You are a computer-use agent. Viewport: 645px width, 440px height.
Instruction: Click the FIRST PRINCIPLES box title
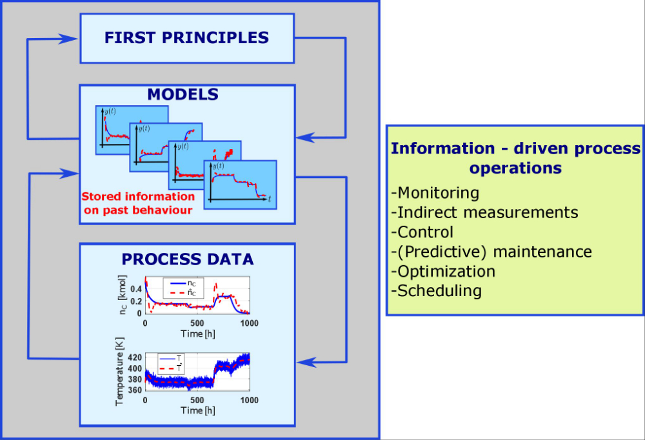pyautogui.click(x=186, y=37)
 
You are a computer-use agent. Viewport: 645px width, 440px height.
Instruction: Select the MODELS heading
pyautogui.click(x=183, y=95)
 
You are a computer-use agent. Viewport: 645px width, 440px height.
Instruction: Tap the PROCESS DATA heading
pyautogui.click(x=188, y=259)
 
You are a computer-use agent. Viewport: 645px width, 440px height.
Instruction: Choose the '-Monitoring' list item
pyautogui.click(x=435, y=192)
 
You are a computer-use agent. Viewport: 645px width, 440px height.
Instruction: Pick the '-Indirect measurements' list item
pyautogui.click(x=484, y=212)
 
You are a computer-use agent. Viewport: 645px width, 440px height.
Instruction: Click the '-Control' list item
pyautogui.click(x=422, y=232)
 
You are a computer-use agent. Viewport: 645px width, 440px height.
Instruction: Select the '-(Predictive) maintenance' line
pyautogui.click(x=491, y=251)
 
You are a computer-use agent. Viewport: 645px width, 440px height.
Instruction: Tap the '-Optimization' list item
pyautogui.click(x=443, y=271)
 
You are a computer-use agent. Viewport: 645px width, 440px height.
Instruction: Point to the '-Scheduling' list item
pyautogui.click(x=436, y=290)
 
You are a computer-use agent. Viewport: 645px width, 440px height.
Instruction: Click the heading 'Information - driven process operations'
pyautogui.click(x=516, y=158)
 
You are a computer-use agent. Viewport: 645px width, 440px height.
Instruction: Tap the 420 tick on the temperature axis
pyautogui.click(x=135, y=357)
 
